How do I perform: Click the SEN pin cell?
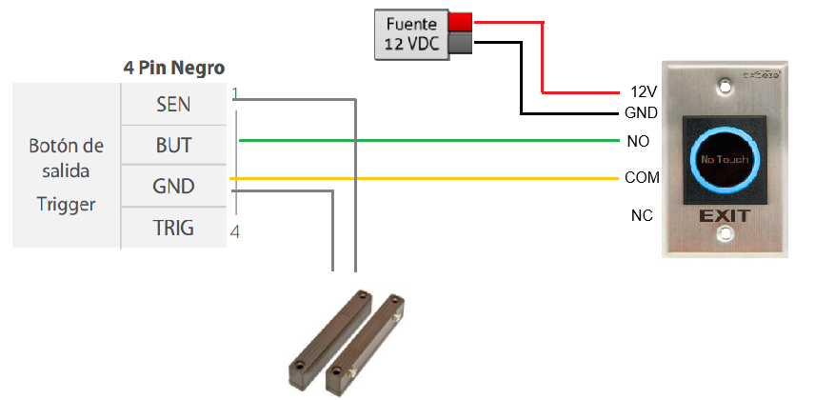pyautogui.click(x=173, y=104)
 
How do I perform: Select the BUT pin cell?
pyautogui.click(x=173, y=145)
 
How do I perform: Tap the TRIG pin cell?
pyautogui.click(x=173, y=228)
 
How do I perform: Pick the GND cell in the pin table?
pyautogui.click(x=173, y=186)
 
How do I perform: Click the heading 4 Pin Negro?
pyautogui.click(x=174, y=68)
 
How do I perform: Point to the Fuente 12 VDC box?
pyautogui.click(x=411, y=34)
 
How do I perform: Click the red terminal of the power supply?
pyautogui.click(x=460, y=22)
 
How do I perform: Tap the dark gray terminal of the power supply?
pyautogui.click(x=460, y=43)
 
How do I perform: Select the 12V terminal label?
pyautogui.click(x=644, y=92)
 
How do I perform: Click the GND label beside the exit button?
pyautogui.click(x=642, y=113)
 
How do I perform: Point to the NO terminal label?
pyautogui.click(x=638, y=141)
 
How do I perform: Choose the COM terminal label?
pyautogui.click(x=642, y=178)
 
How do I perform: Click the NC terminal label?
pyautogui.click(x=642, y=215)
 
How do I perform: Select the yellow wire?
pyautogui.click(x=424, y=178)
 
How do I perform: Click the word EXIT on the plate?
pyautogui.click(x=725, y=216)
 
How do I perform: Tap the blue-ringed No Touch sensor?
pyautogui.click(x=725, y=159)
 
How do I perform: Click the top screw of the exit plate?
pyautogui.click(x=725, y=87)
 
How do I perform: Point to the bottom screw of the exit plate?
pyautogui.click(x=725, y=234)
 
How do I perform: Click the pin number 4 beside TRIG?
pyautogui.click(x=234, y=232)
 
